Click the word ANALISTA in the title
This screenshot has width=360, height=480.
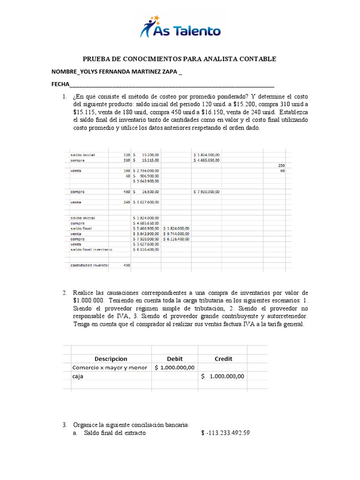tap(215, 59)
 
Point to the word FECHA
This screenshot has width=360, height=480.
tap(60, 85)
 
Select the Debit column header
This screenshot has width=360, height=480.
tap(174, 359)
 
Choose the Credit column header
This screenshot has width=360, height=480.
tap(223, 359)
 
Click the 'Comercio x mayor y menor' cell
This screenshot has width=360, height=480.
tap(110, 367)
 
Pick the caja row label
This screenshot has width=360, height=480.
tap(78, 376)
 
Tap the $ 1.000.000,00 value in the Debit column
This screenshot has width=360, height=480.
tap(175, 367)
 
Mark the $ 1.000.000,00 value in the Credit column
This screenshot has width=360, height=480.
tap(223, 376)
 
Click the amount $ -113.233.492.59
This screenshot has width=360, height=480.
tap(225, 433)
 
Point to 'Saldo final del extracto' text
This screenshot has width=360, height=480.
tap(115, 433)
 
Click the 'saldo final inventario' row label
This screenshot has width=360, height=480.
tap(91, 249)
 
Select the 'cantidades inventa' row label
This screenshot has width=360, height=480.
tap(89, 265)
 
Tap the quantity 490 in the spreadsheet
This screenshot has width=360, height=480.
tap(127, 265)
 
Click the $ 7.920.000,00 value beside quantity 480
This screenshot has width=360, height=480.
tap(207, 192)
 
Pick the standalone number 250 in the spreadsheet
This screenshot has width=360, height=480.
tap(281, 165)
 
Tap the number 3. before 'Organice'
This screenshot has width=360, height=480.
tap(65, 425)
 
